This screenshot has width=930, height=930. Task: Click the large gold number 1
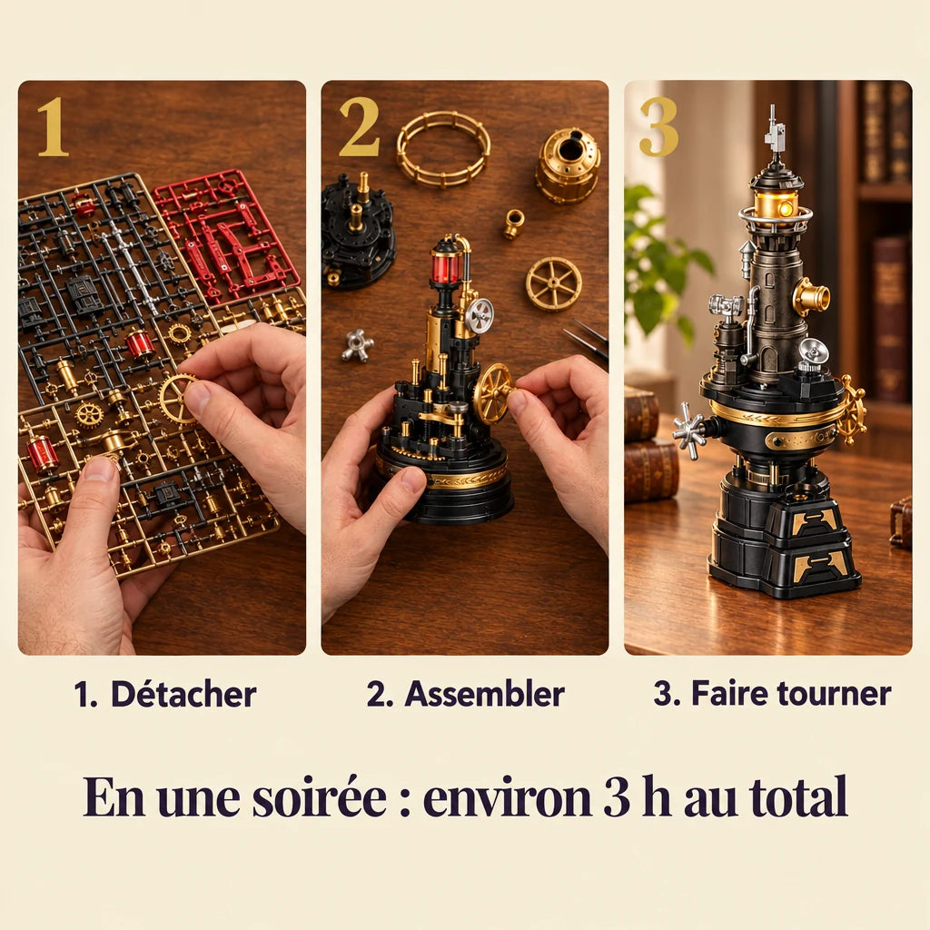click(54, 127)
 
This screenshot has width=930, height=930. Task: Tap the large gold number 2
click(360, 127)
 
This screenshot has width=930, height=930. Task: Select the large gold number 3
click(658, 127)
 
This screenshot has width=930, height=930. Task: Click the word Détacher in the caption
click(183, 694)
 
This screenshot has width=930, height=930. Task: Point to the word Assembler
click(484, 694)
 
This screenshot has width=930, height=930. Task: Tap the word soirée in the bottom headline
click(320, 796)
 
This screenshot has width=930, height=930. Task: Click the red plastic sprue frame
click(226, 234)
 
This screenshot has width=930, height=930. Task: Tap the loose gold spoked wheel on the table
click(553, 284)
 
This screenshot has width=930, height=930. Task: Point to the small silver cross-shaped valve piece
click(358, 345)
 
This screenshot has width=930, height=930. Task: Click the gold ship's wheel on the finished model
click(852, 410)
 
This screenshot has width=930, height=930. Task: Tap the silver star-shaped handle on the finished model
click(690, 430)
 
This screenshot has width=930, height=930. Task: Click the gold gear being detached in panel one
click(177, 400)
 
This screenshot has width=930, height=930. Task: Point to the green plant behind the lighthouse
click(664, 261)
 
